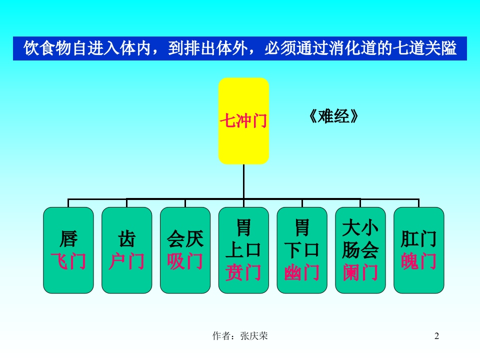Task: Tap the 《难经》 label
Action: pos(333,116)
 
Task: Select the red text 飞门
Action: pos(68,261)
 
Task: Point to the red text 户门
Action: pos(126,261)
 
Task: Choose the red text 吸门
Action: pos(185,261)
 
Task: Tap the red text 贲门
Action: pos(243,272)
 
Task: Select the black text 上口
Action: pos(243,250)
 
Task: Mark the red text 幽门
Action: pos(302,272)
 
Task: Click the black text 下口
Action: pos(302,250)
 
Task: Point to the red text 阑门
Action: pos(360,272)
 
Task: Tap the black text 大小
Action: pos(360,228)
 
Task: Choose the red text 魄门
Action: pos(419,261)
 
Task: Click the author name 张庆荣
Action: pos(254,336)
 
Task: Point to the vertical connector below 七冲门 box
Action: pos(243,181)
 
